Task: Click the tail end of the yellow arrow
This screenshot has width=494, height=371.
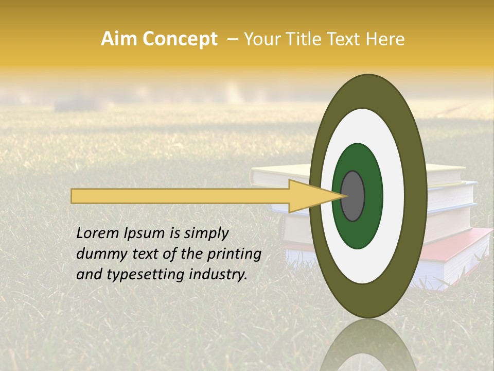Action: click(x=73, y=196)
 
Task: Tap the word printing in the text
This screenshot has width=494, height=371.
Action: click(x=234, y=255)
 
